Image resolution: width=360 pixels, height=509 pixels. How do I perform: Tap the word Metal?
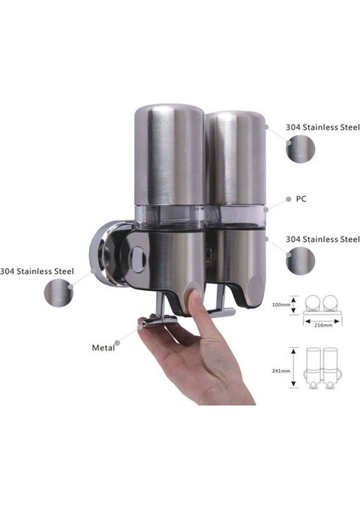pyautogui.click(x=105, y=347)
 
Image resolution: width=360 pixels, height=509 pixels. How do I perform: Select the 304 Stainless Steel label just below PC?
pyautogui.click(x=320, y=239)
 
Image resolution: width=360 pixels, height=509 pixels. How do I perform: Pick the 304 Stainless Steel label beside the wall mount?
pyautogui.click(x=37, y=271)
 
